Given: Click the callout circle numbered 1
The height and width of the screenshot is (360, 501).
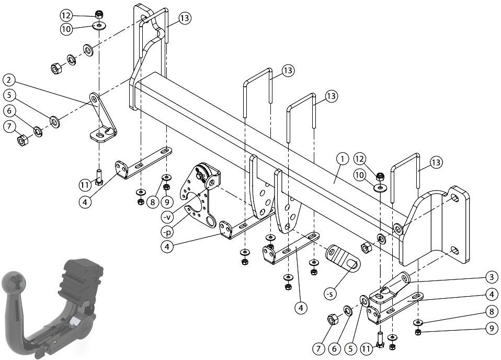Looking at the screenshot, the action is point(342,159).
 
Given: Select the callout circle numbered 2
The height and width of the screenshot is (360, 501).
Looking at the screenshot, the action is point(9,80).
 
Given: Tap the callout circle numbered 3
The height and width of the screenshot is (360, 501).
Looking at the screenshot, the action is point(492,277).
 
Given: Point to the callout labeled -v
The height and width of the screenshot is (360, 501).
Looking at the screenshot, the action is point(167,217).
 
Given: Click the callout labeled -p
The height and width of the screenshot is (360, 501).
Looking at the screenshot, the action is point(167,231).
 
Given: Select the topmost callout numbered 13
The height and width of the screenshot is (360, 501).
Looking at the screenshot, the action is point(185,18).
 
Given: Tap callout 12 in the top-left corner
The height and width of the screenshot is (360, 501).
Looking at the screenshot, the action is point(66,15).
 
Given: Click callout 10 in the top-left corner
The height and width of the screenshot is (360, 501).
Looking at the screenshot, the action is point(66,29).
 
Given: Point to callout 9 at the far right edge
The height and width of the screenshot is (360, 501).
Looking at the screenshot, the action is point(492,329).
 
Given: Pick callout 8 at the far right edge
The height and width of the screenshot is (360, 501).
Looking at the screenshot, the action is point(492,312).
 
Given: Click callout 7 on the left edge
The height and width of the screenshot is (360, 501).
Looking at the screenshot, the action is point(9,127).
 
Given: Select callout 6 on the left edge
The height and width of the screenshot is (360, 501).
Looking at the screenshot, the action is point(9,111).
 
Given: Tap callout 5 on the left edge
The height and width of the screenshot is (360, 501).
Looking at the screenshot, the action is point(9,95).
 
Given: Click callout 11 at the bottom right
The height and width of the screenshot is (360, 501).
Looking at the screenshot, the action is point(367,348).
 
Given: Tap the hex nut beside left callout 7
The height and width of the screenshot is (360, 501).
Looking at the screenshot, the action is point(22,140).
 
